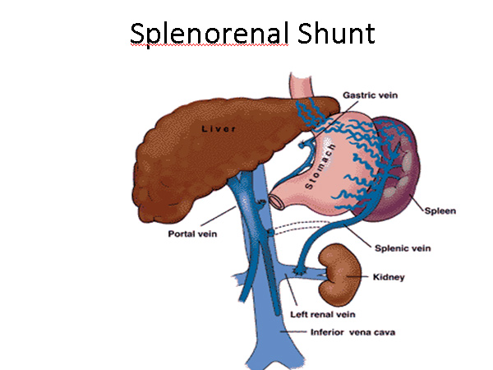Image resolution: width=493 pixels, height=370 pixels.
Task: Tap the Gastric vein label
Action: [x=370, y=95]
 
